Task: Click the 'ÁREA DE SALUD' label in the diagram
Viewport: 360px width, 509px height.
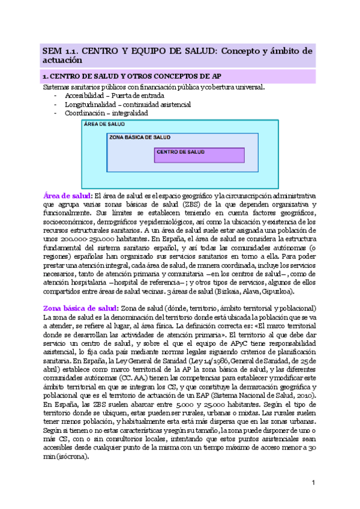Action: [105, 124]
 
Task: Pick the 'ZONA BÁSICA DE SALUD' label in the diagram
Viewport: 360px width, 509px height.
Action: [140, 137]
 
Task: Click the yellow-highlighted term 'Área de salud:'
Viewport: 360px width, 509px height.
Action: [68, 196]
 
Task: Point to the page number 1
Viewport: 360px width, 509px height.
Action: [314, 484]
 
